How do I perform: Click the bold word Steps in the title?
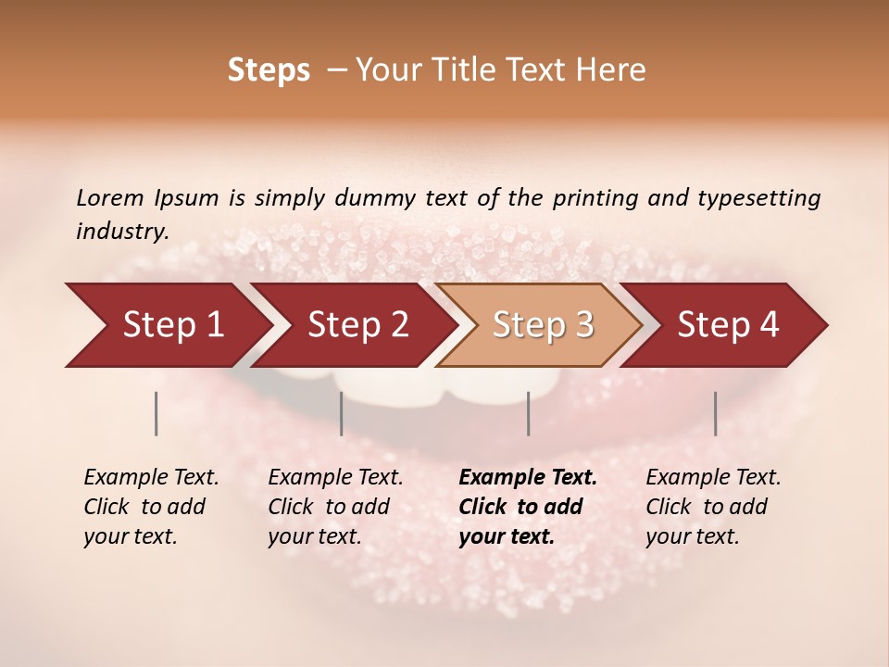pyautogui.click(x=269, y=70)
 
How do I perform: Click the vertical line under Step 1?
pyautogui.click(x=157, y=413)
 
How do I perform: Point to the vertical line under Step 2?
pyautogui.click(x=342, y=413)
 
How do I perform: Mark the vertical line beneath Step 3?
pyautogui.click(x=529, y=413)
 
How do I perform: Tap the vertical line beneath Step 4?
pyautogui.click(x=716, y=413)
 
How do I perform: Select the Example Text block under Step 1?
pyautogui.click(x=150, y=507)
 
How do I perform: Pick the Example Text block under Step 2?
pyautogui.click(x=334, y=507)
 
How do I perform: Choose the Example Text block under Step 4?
pyautogui.click(x=712, y=507)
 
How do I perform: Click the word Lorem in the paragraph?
pyautogui.click(x=110, y=197)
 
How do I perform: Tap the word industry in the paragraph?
pyautogui.click(x=121, y=232)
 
